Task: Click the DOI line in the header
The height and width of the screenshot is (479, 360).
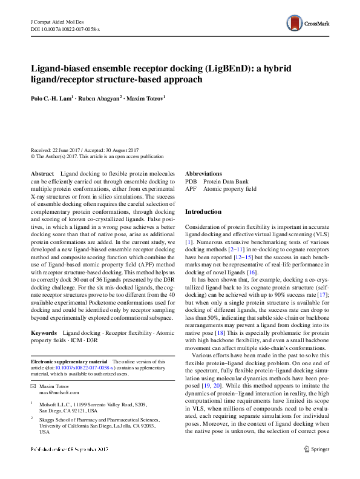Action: coord(65,28)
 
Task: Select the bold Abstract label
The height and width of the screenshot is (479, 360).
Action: coord(42,174)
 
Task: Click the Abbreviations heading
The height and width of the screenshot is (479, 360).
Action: coord(203,174)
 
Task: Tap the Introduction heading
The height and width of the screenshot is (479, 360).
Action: coord(203,212)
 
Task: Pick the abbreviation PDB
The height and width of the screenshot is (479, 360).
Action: coord(191,181)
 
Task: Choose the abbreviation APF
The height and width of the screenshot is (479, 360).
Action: coord(191,188)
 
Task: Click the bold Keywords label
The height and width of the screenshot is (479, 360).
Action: coord(44,349)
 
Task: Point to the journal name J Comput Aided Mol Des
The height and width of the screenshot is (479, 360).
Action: coord(59,21)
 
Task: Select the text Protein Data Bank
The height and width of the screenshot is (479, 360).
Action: coord(225,181)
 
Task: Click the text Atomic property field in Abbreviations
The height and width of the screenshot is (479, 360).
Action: coord(230,188)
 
